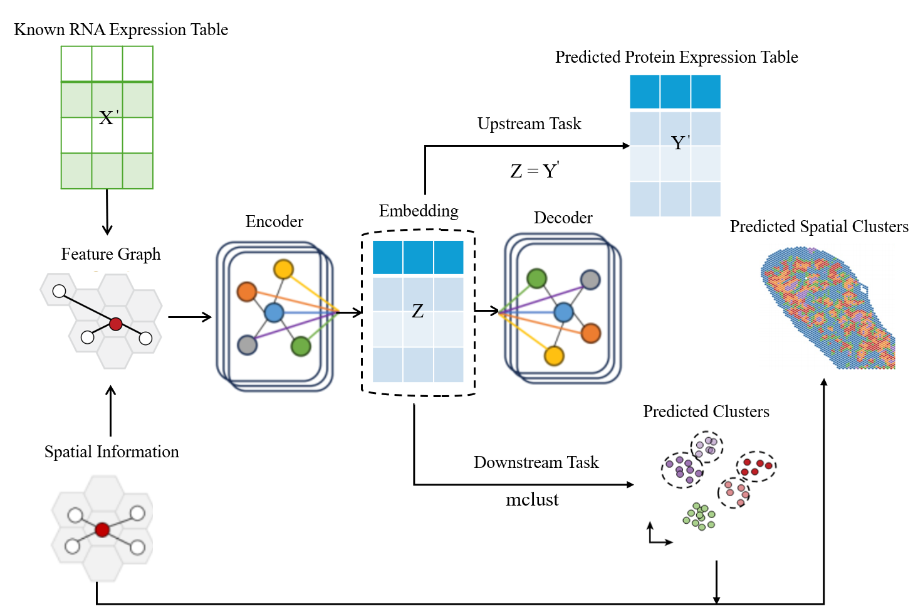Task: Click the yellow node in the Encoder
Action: point(283,269)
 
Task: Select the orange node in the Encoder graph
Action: point(247,291)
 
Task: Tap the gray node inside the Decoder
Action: point(590,279)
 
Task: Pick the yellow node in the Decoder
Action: point(554,356)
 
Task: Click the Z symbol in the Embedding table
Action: point(418,311)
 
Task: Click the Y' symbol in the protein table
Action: point(680,142)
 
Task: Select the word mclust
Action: point(532,500)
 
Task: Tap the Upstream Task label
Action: point(529,124)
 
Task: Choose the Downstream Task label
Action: point(536,462)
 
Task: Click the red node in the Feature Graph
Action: point(116,324)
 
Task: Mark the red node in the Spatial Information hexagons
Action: point(102,530)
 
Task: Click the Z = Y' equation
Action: point(535,171)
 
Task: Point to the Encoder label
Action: point(274,221)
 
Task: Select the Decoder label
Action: point(563,218)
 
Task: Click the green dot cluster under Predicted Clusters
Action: point(699,516)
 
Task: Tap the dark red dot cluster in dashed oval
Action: point(756,467)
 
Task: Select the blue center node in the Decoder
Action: point(563,312)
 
